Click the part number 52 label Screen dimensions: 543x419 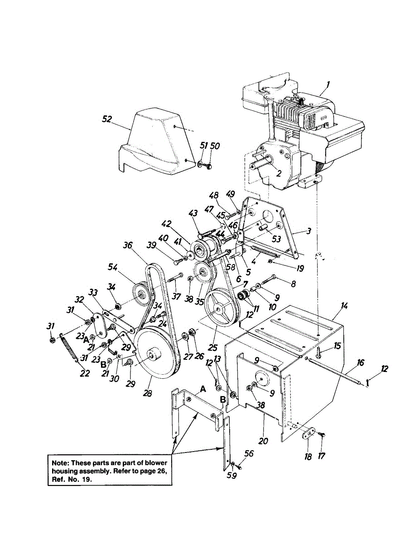coord(107,119)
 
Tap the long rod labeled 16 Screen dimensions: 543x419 coord(335,372)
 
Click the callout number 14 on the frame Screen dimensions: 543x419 coord(345,306)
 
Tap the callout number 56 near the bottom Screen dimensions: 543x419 coord(249,453)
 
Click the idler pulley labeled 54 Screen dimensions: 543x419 coord(141,294)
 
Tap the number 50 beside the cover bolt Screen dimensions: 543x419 coord(215,146)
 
